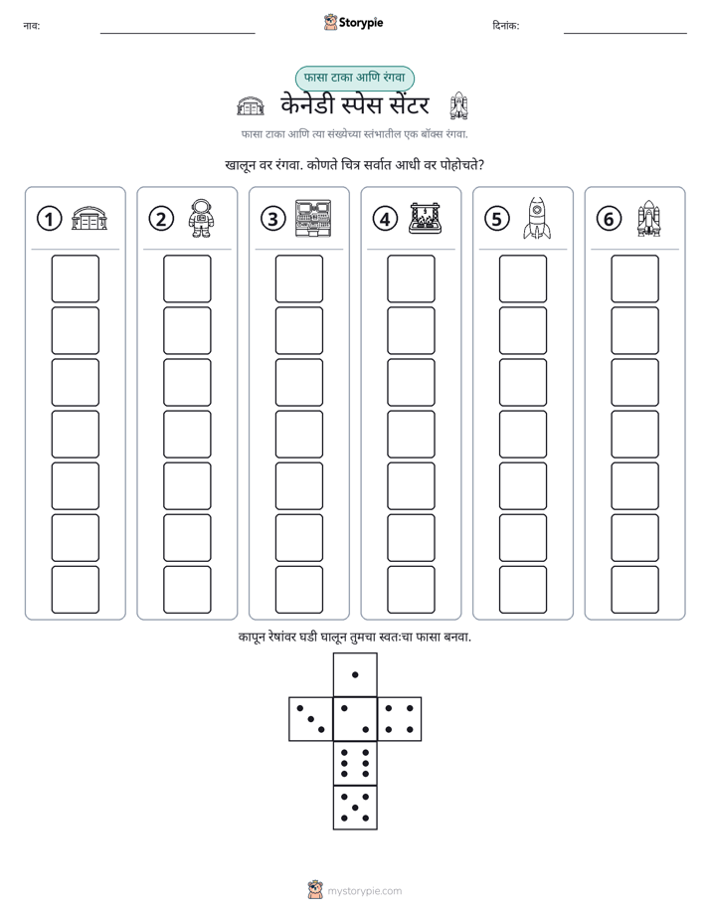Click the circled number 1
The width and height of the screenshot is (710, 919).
49,219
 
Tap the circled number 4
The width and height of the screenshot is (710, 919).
385,219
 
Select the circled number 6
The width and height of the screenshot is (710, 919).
609,219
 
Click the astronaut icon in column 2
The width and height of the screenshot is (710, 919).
201,218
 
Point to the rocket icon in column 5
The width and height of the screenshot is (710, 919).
537,218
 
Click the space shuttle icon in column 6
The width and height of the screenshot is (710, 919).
648,219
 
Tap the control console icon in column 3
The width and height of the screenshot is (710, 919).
313,218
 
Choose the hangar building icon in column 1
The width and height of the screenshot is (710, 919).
89,218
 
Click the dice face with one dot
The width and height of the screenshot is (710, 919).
355,674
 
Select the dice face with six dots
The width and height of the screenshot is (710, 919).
355,763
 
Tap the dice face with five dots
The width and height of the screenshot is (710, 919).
355,808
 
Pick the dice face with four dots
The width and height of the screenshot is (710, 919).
400,719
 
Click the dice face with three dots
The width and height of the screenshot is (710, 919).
310,719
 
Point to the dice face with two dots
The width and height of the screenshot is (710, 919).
355,719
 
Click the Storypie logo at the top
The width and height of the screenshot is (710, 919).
353,22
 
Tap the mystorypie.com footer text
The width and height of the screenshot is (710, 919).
364,891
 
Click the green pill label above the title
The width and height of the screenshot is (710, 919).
354,78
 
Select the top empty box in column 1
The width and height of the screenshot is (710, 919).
75,278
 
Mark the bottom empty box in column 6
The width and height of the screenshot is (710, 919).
634,590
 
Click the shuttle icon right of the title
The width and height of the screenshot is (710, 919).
458,106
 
